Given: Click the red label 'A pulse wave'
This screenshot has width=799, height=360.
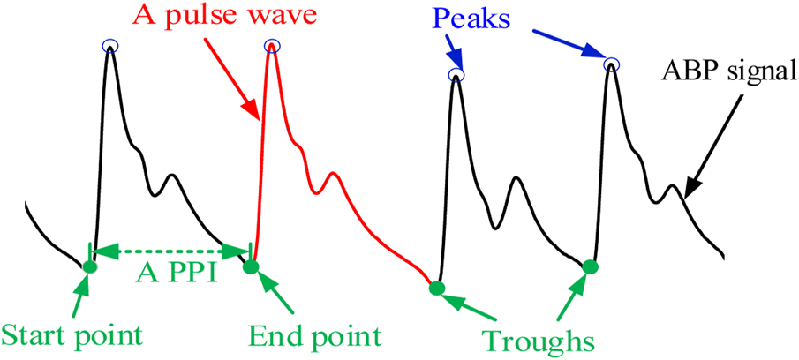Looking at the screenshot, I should pos(228,15).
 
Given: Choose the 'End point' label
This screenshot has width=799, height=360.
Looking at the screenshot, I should pos(314,336).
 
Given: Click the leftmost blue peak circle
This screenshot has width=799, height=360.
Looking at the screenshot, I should pos(109,46).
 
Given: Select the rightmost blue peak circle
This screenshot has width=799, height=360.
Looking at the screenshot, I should pos(610,64).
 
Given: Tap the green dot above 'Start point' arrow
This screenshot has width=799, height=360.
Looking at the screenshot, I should pos(89,266).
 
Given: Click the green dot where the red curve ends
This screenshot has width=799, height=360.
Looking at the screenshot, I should pos(434,287).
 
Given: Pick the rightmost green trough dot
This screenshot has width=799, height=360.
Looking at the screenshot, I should pos(591,266).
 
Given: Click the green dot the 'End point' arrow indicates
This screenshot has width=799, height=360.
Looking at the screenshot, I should pos(251,266).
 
